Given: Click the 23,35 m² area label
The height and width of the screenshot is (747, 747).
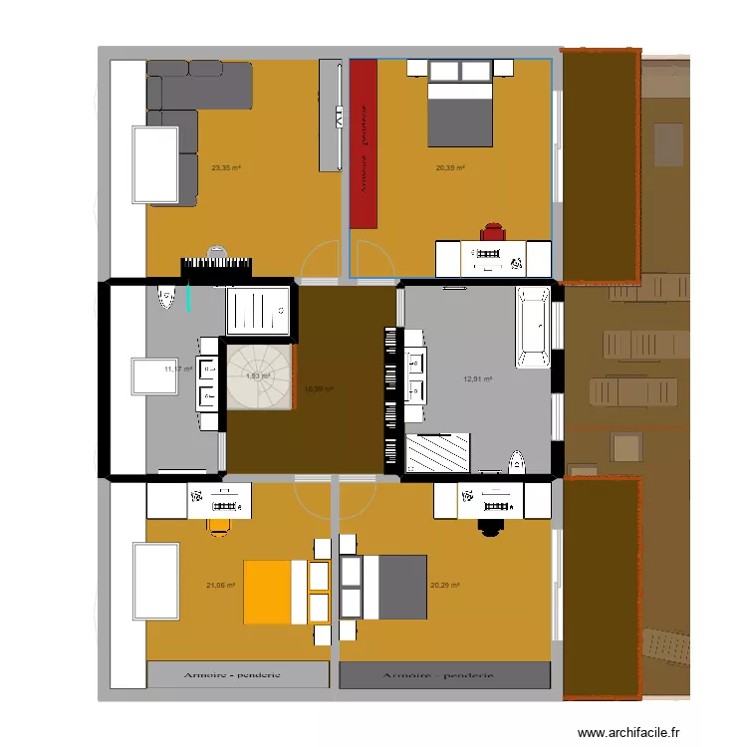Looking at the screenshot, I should tap(226, 168).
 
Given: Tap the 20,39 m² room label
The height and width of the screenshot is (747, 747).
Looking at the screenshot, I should tap(450, 168).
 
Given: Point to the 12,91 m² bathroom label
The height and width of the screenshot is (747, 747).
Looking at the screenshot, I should tap(478, 378).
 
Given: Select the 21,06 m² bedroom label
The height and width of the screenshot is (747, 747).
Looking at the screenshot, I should tap(220, 586).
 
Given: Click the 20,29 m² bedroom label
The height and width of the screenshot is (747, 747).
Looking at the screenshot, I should tap(444, 586).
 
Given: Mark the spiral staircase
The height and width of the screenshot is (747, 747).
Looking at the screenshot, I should tap(259, 376).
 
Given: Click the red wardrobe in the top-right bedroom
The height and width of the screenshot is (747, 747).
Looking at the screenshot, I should tap(365, 142).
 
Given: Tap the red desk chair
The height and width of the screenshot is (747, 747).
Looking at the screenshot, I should tap(494, 232).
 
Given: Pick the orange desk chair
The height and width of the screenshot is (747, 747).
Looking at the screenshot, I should tap(220, 524).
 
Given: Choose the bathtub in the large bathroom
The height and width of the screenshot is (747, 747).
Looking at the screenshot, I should tap(532, 327).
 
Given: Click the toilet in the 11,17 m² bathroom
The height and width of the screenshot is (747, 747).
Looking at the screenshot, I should tap(166, 298).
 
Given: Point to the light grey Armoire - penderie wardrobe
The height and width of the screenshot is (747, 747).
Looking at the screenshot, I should tap(237, 674).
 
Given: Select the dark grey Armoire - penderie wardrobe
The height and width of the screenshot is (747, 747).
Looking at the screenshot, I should tap(444, 675).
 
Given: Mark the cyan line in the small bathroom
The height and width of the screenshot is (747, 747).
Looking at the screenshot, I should tap(189, 298).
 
